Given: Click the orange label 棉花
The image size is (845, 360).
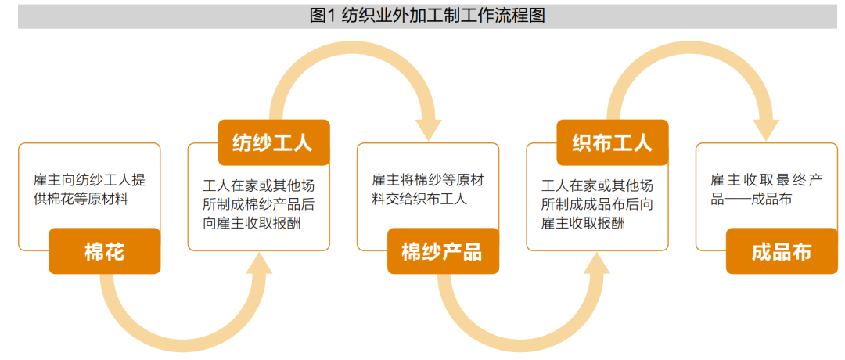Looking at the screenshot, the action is (105, 251).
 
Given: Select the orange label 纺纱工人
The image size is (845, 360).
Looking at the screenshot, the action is (274, 142).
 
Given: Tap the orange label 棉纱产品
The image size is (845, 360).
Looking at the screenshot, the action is (443, 251).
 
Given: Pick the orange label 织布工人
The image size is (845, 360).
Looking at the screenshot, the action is (612, 142).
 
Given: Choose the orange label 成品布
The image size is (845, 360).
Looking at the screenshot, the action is (782, 251).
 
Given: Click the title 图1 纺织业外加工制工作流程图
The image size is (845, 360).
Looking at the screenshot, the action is (427, 16).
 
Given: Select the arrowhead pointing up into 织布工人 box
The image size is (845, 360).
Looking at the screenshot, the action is (599, 262).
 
